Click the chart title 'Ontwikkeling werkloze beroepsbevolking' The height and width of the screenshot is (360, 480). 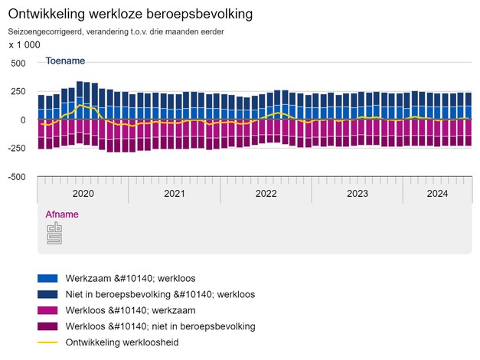pos(130,15)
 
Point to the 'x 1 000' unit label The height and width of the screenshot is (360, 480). pos(24,45)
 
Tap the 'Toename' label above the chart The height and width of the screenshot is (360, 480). pos(65,61)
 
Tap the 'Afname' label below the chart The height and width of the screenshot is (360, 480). pos(62,214)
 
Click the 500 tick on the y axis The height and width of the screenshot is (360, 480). pos(18,64)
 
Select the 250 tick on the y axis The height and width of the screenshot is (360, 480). pos(18,92)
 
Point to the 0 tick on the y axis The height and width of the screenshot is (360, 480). pos(23,120)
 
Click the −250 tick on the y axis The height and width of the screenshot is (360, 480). pos(15,149)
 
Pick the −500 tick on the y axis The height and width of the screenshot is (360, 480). pos(15,177)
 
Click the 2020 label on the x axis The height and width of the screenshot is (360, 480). pos(82,194)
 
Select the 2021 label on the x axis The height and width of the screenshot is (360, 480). pos(174,194)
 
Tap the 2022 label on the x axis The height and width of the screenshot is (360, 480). pos(266,194)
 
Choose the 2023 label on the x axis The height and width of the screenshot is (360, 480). pos(358,194)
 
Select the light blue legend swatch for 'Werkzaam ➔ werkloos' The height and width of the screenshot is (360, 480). pos(47,278)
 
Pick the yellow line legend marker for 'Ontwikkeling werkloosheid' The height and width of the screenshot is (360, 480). pos(47,342)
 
